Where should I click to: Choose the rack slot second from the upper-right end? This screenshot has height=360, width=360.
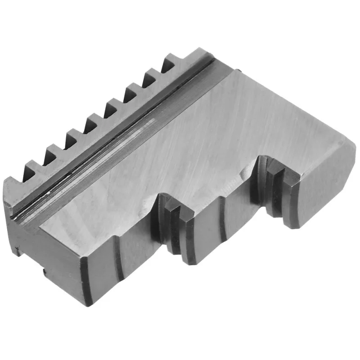(149, 79)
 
